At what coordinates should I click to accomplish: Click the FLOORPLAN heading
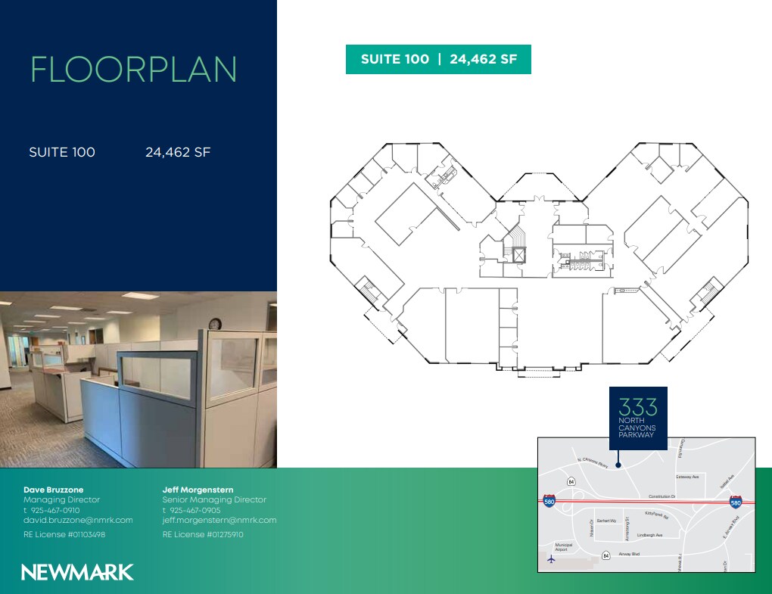133,70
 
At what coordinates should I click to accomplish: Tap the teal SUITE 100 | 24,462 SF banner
438,60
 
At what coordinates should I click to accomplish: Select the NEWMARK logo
77,572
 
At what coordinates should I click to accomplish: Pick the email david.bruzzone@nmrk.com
78,520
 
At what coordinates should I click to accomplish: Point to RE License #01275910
203,534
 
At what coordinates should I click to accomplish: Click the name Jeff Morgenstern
198,490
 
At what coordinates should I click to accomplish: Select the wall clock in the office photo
215,324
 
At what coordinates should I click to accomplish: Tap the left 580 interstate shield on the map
549,501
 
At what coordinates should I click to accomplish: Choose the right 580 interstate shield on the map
735,502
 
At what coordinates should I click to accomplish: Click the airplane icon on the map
551,559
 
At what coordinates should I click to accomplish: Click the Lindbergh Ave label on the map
649,535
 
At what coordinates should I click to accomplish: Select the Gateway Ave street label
687,477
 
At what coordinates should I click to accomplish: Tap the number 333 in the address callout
638,406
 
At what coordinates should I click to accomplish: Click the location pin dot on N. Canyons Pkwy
618,466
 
